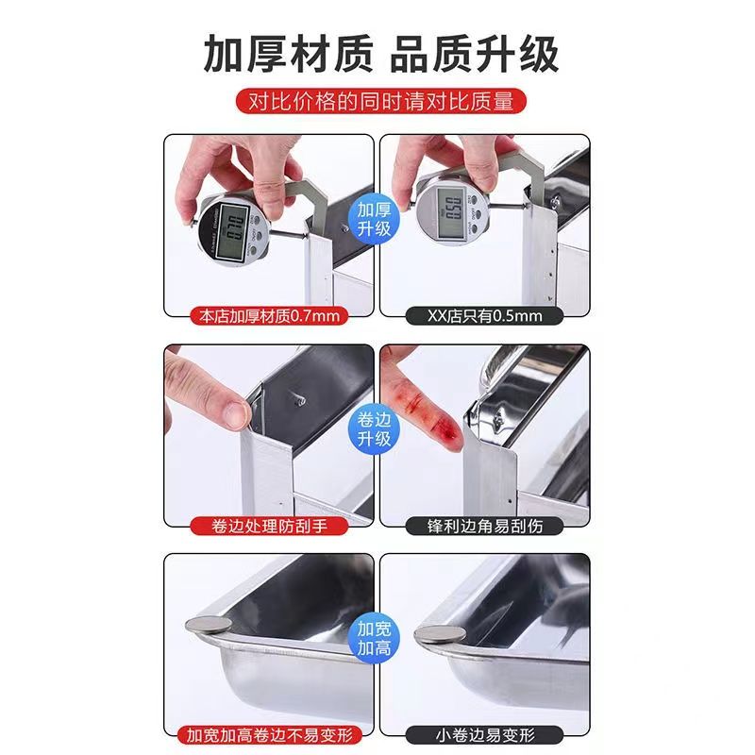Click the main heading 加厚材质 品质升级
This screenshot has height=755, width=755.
(x=381, y=54)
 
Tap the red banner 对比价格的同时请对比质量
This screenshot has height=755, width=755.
(x=381, y=101)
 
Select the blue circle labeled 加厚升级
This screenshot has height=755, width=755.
(x=374, y=219)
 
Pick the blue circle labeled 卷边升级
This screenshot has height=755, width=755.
(x=374, y=429)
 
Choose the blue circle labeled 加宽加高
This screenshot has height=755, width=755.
(x=374, y=639)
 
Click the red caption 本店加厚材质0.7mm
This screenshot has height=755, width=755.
(x=269, y=316)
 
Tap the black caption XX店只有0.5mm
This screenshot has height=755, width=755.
(x=484, y=316)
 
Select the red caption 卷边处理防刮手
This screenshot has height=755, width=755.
(x=269, y=526)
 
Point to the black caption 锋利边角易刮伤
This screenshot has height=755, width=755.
(x=484, y=526)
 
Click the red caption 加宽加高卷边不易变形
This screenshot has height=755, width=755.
(x=269, y=735)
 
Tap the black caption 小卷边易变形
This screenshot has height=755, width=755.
(x=484, y=735)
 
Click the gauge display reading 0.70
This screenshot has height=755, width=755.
(x=232, y=232)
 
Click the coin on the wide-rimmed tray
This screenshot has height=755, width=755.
(x=208, y=626)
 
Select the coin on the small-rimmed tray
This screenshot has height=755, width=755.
(x=440, y=634)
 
